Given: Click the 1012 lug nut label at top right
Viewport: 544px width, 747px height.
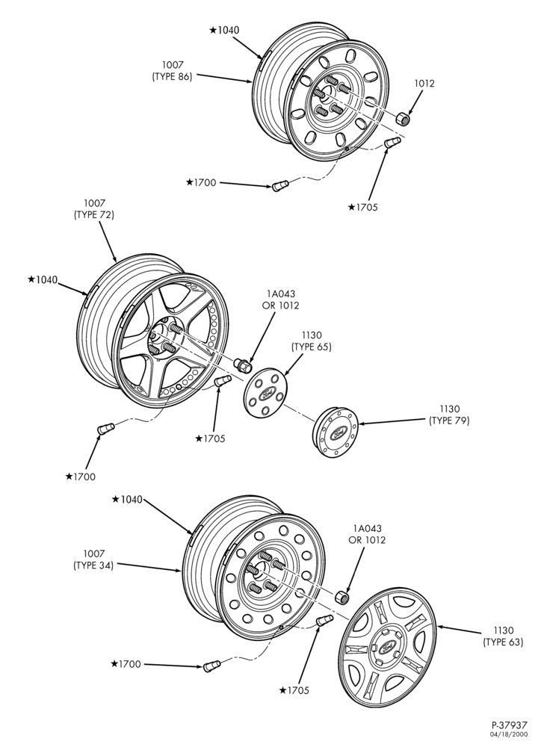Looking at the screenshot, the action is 424,84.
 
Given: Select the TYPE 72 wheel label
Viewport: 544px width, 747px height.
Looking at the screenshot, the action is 94,209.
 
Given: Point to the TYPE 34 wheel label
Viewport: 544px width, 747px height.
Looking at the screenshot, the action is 93,560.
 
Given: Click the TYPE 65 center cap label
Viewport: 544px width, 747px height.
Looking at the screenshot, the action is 312,341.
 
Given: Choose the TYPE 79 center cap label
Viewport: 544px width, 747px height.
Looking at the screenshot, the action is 449,415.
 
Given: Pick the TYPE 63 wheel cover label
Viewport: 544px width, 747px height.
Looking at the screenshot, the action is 503,636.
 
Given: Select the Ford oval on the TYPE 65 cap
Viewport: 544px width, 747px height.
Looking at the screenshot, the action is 266,395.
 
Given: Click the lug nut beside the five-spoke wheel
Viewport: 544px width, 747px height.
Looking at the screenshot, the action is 243,365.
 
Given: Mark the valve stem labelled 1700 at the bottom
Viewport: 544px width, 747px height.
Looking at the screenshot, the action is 210,666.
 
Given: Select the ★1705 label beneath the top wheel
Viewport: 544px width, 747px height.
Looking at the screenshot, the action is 362,207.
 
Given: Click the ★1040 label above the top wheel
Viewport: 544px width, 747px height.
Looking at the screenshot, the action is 224,30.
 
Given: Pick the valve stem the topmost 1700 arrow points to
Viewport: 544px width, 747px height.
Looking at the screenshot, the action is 279,185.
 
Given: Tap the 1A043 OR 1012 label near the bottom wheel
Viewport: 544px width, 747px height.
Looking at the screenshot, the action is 367,534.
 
